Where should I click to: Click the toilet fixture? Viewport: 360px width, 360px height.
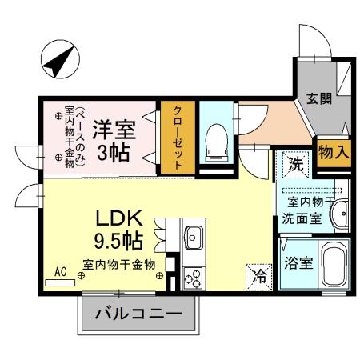point(215,140)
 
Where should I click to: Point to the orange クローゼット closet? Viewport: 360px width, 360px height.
point(176,137)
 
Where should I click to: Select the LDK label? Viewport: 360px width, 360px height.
point(119,217)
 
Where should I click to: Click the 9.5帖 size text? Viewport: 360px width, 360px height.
point(119,239)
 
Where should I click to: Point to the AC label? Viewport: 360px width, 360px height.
point(60,273)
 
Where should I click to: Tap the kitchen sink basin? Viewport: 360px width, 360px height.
point(194,237)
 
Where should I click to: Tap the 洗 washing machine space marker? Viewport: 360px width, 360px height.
point(295,166)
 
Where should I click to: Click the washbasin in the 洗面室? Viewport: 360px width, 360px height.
point(340,214)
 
